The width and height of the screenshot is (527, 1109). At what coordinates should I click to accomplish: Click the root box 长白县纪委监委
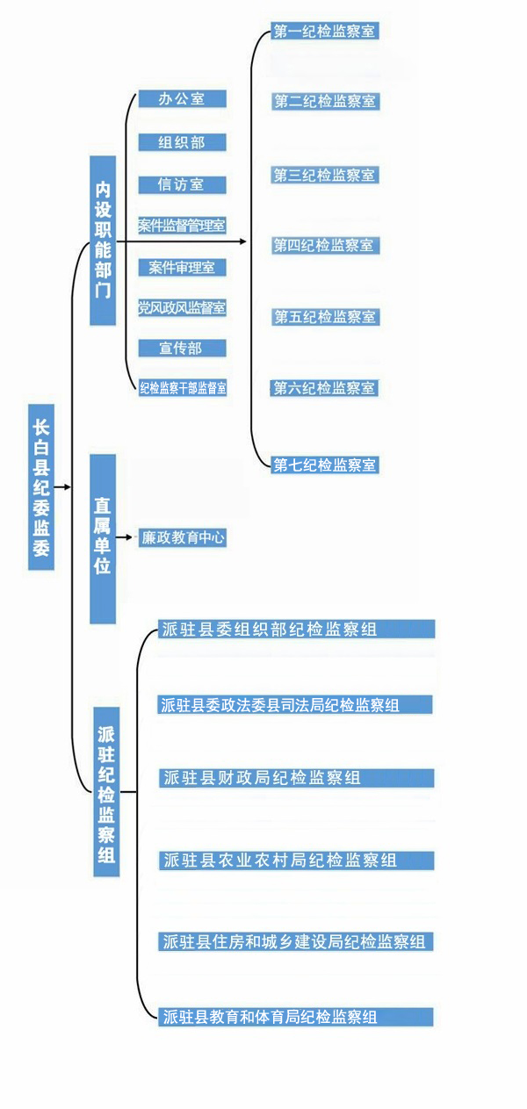[x=41, y=487]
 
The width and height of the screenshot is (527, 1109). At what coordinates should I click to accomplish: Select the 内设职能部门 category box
[x=103, y=240]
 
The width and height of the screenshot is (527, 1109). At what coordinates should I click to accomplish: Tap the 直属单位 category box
[x=103, y=537]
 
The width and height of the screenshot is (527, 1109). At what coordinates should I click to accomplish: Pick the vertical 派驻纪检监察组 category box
[x=106, y=790]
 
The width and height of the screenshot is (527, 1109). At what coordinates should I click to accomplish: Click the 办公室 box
[x=182, y=99]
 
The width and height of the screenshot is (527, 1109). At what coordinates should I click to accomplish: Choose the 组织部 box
[x=182, y=142]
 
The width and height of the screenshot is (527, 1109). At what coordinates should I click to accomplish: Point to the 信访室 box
[x=182, y=184]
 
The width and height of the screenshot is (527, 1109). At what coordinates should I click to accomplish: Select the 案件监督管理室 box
[x=182, y=226]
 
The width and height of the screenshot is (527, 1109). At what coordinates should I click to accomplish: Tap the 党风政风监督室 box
[x=182, y=307]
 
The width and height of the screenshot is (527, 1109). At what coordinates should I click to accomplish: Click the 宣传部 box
[x=182, y=349]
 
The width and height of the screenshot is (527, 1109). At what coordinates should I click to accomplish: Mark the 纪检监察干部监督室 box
[x=183, y=386]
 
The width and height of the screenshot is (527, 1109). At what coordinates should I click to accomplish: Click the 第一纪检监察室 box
[x=325, y=32]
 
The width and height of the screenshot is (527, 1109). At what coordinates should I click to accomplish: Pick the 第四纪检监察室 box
[x=325, y=246]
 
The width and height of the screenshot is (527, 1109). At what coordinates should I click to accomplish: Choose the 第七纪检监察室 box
[x=325, y=464]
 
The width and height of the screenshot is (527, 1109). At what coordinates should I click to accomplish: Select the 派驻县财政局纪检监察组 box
[x=296, y=778]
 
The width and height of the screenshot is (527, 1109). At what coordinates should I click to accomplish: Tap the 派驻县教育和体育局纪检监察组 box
[x=296, y=1018]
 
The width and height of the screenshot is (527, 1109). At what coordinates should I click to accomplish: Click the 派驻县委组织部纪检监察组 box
[x=296, y=629]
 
